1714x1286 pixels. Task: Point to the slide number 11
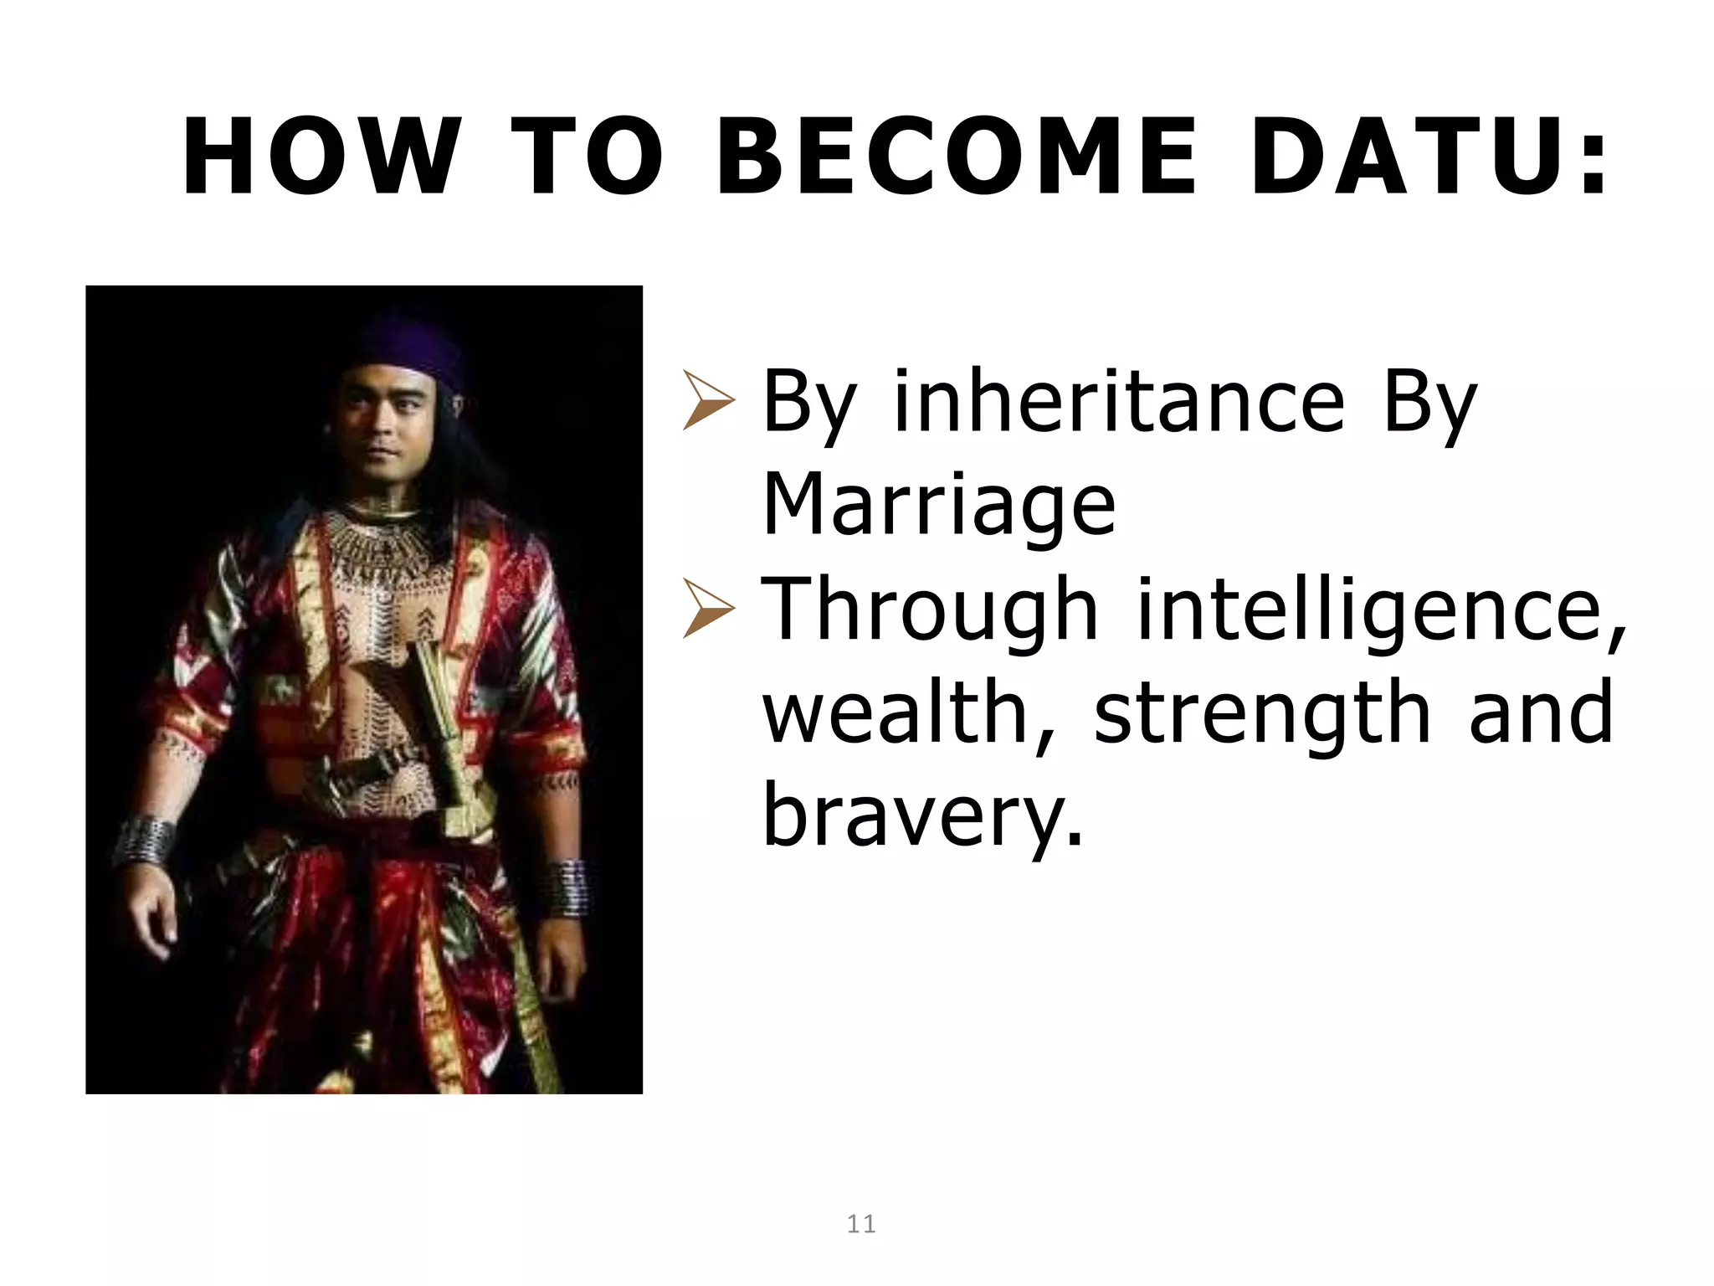click(x=861, y=1225)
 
